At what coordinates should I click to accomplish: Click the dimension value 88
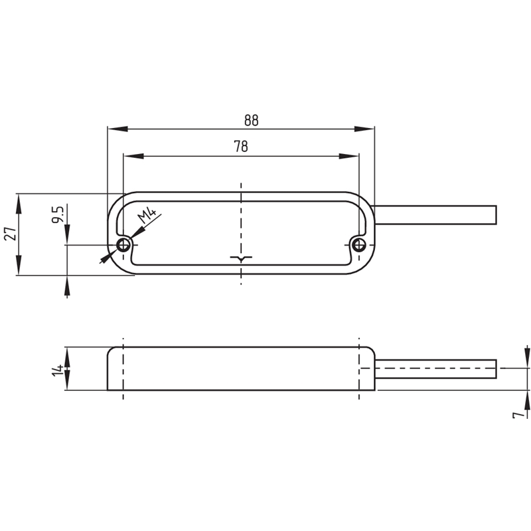[250, 120]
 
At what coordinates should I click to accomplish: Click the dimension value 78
[241, 147]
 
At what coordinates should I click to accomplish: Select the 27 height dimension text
[9, 233]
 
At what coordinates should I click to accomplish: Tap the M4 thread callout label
[148, 215]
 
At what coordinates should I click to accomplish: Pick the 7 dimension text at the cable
[516, 414]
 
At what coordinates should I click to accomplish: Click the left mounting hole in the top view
[123, 246]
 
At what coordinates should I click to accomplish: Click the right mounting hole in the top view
[359, 246]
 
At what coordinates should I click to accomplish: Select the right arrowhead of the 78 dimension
[350, 157]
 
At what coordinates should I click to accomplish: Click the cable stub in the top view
[435, 215]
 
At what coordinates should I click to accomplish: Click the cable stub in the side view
[435, 368]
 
